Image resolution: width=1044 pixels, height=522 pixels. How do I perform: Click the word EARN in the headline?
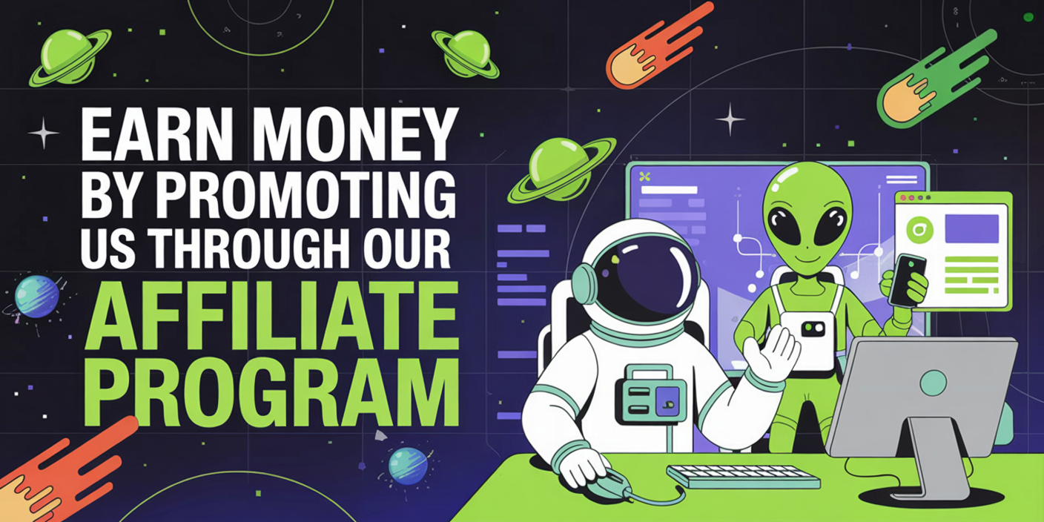coord(157,133)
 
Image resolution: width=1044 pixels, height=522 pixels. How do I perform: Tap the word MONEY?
coord(357,133)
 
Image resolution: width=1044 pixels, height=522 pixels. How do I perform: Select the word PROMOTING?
coord(306,194)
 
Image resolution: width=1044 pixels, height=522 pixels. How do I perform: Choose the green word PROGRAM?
coord(271,391)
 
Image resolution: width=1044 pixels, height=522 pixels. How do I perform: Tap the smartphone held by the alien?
coord(907,280)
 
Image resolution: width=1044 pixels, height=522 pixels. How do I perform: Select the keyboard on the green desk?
coord(744,476)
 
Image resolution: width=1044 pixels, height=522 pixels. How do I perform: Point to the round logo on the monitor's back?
coord(934,383)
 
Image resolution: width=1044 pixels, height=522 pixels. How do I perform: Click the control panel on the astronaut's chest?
coord(650,394)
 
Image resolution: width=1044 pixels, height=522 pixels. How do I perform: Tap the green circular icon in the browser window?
coord(919,230)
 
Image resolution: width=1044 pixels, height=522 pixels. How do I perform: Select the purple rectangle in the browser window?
coord(971,228)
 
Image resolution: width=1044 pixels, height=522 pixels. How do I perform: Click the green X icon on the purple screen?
coord(644,176)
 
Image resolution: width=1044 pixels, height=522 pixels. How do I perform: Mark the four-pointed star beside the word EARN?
coord(43,133)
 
